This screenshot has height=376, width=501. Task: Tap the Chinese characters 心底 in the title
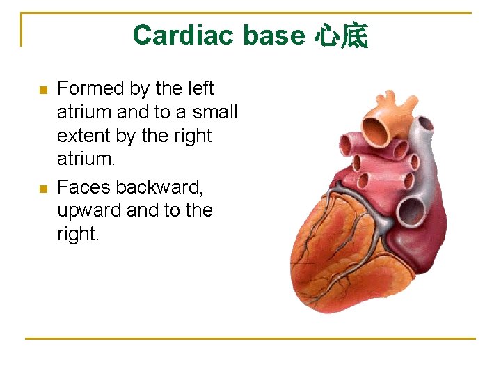coord(341,35)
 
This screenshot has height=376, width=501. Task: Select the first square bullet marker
coord(42,90)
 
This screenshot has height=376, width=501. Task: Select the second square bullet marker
coord(42,188)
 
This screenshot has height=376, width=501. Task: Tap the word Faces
coord(84,187)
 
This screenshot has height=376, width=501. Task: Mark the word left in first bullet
coord(200,88)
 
